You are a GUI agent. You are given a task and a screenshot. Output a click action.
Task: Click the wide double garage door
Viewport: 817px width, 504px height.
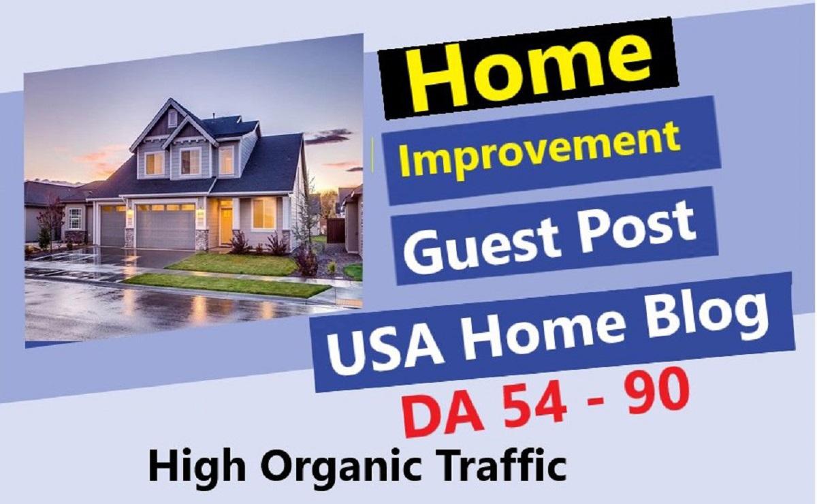click(165, 225)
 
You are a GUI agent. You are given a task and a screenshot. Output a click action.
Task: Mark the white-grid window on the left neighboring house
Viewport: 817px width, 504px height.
click(74, 219)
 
